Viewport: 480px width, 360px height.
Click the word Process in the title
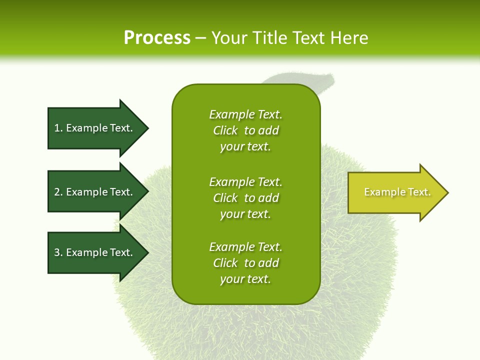point(157,38)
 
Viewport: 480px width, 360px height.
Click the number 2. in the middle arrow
point(58,192)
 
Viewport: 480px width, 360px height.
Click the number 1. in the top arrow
point(58,128)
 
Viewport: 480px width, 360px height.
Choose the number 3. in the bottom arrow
point(58,252)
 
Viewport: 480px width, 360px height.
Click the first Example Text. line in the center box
point(245,114)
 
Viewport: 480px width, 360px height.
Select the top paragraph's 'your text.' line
point(245,147)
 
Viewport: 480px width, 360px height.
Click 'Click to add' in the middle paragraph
point(245,198)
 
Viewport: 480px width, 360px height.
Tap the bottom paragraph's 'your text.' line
point(245,279)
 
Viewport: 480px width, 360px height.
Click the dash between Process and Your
point(200,38)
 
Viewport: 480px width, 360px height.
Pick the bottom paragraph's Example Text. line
point(245,247)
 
